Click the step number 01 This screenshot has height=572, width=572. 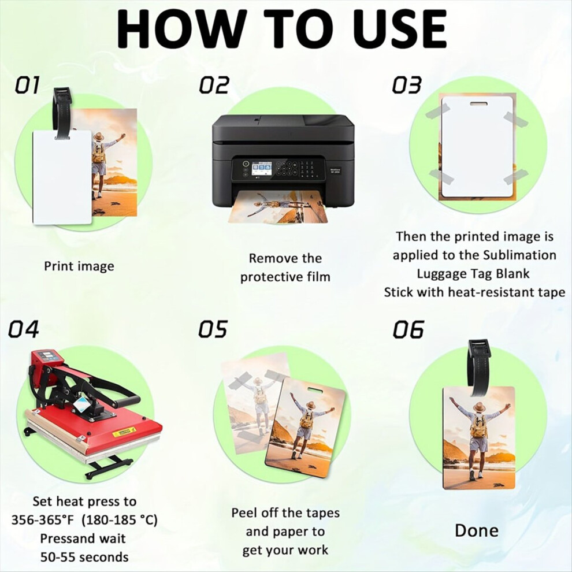[27, 85]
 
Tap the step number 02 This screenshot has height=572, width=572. [214, 85]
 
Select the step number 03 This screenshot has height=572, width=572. [407, 85]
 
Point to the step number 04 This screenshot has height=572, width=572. [24, 329]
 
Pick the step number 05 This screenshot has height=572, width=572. [213, 329]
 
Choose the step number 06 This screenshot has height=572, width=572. [408, 329]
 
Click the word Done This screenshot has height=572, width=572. [477, 530]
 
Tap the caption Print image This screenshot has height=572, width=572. [79, 266]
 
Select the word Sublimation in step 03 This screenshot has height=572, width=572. [520, 255]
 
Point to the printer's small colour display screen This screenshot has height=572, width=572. [261, 169]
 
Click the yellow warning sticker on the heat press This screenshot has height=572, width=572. [124, 433]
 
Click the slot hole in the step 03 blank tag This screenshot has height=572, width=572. [478, 104]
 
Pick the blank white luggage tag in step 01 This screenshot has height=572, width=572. [62, 177]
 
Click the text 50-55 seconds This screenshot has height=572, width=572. [84, 558]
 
